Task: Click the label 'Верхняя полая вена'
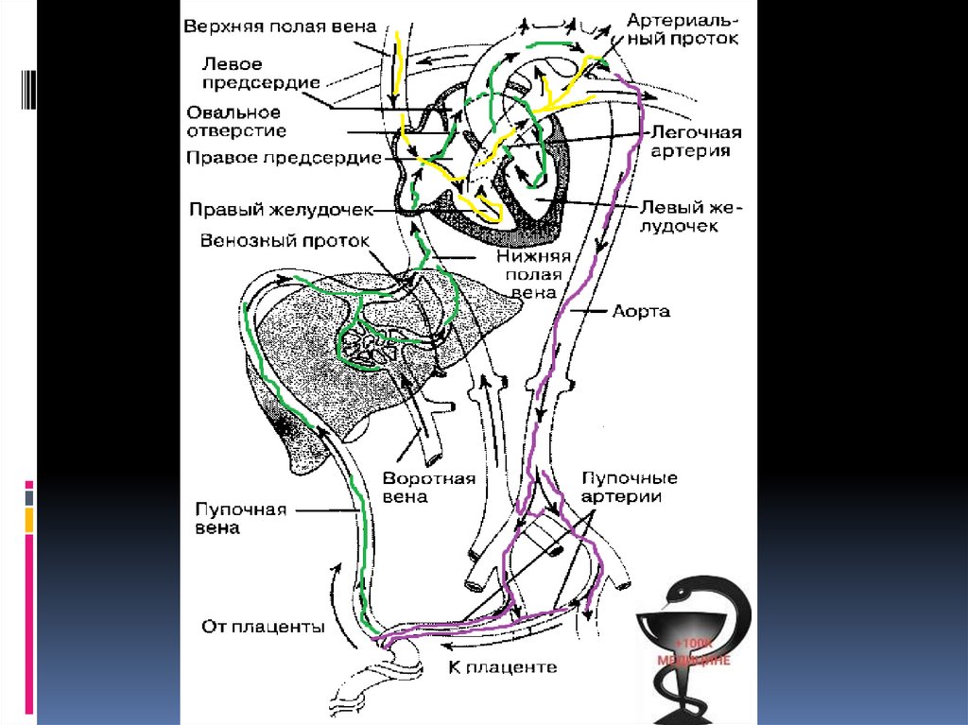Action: pyautogui.click(x=280, y=26)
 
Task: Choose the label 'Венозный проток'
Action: pyautogui.click(x=285, y=239)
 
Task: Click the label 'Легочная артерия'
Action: pyautogui.click(x=694, y=142)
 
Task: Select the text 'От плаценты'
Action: pyautogui.click(x=264, y=626)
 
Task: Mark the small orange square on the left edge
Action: pyautogui.click(x=29, y=519)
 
